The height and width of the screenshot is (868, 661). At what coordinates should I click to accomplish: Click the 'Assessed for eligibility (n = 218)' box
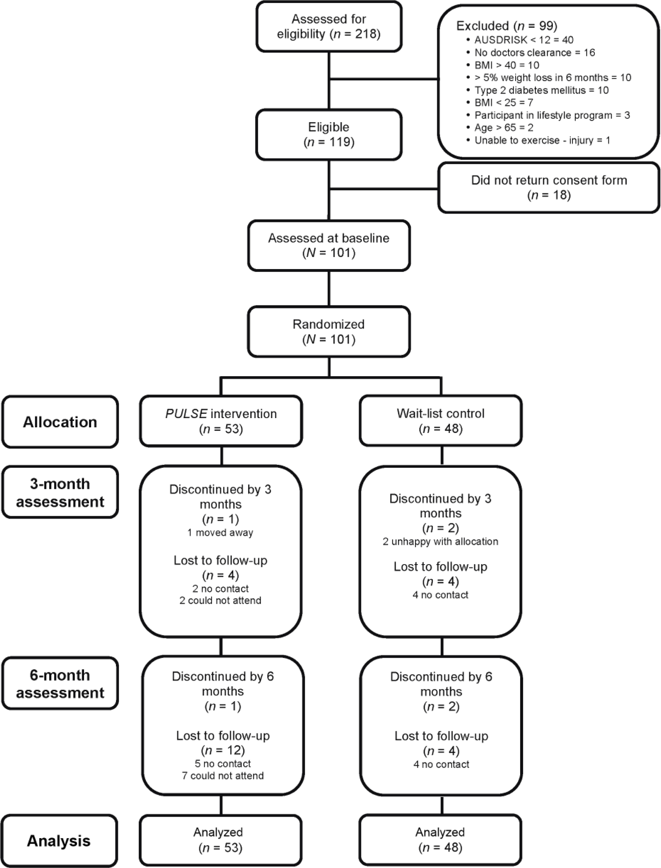click(x=329, y=26)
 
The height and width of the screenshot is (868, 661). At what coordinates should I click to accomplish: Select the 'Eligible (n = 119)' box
click(x=329, y=135)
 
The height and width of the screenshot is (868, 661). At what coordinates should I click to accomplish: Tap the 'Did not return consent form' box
click(x=549, y=188)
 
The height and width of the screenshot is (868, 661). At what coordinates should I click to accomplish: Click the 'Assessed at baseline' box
click(x=329, y=245)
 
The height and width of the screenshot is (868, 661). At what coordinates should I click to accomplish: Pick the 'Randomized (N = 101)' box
click(x=329, y=332)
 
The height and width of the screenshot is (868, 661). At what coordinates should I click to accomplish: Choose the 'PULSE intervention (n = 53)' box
click(x=221, y=421)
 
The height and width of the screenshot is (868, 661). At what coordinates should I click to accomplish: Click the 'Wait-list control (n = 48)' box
click(x=441, y=421)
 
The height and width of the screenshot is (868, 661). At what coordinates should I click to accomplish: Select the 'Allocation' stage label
click(x=60, y=422)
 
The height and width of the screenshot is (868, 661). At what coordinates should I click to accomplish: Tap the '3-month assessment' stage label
click(x=60, y=492)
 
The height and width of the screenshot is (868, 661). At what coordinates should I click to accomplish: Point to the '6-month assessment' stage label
click(x=60, y=683)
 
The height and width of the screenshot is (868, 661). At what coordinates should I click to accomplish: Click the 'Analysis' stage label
click(x=59, y=841)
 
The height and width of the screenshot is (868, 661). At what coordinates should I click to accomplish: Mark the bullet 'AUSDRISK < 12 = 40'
click(x=520, y=40)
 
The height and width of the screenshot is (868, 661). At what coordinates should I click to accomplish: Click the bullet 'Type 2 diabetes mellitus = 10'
click(x=537, y=90)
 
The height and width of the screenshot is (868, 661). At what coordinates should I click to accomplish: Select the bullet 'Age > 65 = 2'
click(x=499, y=127)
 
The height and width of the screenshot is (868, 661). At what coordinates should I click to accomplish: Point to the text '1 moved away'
click(x=220, y=533)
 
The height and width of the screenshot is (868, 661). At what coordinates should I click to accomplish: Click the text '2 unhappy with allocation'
click(x=440, y=542)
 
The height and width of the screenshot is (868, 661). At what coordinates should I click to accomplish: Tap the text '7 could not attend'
click(x=223, y=776)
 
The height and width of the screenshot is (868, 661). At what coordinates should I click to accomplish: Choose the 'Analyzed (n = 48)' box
click(x=441, y=840)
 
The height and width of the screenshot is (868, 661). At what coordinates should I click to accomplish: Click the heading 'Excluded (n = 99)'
click(x=507, y=26)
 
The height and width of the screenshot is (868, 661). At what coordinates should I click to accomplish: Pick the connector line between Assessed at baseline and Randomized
click(x=329, y=289)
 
